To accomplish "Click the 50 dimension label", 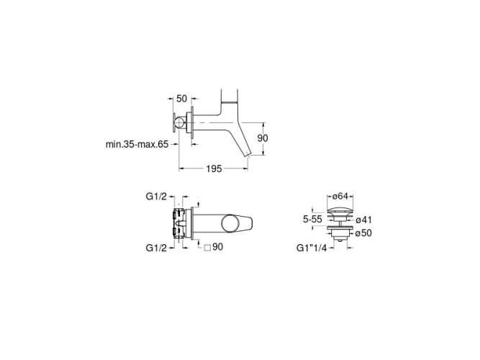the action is [x=181, y=99].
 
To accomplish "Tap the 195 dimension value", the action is [x=214, y=168].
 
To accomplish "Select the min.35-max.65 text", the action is [x=137, y=144].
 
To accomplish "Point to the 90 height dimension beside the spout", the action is [x=263, y=138].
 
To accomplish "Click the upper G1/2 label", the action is [x=156, y=197].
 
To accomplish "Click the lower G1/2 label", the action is [x=156, y=248].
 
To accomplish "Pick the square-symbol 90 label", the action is [x=214, y=247].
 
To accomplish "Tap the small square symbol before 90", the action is [x=207, y=248].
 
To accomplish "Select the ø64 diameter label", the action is [x=340, y=196].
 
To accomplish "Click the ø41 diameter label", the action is [x=363, y=220].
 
